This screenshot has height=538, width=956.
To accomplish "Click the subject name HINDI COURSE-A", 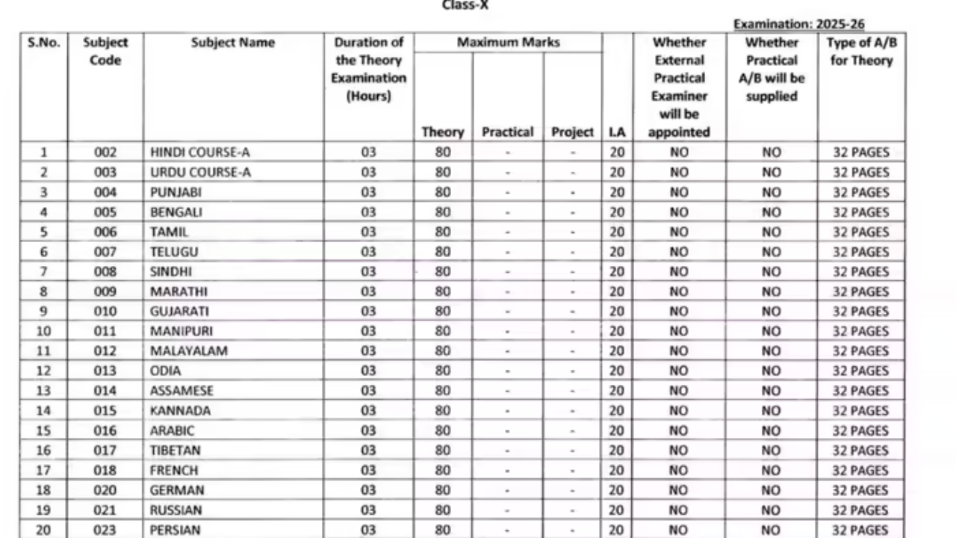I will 200,152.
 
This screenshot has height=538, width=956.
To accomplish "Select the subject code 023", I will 105,530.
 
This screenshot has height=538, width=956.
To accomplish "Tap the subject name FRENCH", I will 174,471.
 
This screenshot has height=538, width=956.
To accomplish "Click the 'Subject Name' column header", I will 233,43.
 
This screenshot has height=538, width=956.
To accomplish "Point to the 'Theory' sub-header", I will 443,132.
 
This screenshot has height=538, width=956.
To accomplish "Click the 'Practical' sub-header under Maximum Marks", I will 508,132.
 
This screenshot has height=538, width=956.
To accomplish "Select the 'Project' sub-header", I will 573,132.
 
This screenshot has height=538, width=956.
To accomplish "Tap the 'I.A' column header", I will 617,132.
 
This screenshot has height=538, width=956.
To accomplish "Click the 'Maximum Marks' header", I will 508,43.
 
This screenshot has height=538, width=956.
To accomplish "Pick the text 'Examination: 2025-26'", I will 799,25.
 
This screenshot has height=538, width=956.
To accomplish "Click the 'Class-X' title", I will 466,5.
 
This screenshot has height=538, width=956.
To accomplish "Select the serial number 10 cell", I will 43,331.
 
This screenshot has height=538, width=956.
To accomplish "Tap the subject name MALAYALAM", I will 189,350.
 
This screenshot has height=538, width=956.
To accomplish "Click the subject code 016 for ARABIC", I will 105,430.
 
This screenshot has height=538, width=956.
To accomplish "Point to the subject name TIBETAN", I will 175,451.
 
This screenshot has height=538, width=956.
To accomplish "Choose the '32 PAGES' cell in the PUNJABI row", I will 861,192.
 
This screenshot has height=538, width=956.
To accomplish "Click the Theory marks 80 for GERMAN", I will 443,490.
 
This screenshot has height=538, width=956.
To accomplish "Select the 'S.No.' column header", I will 43,43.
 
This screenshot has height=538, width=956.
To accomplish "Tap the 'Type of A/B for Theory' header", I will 861,52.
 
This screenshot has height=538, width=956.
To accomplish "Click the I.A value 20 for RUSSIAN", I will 617,510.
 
